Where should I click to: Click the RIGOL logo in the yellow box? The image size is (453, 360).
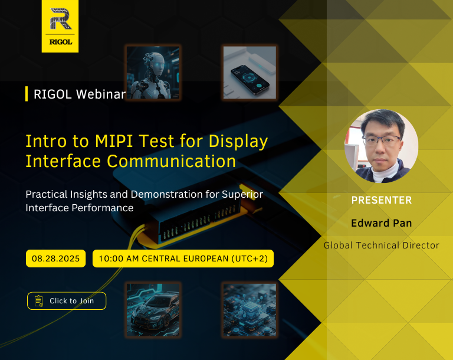tap(60, 26)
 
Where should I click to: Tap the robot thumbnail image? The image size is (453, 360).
tap(153, 72)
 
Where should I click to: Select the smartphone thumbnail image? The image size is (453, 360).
tap(250, 72)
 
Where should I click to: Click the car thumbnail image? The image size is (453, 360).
tap(153, 310)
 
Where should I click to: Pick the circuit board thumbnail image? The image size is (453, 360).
tap(250, 310)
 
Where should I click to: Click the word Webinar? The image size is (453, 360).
tap(101, 94)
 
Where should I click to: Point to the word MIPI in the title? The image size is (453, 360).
tap(114, 141)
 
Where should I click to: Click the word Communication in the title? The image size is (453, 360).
tap(171, 161)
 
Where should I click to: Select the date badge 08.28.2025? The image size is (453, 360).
tap(56, 258)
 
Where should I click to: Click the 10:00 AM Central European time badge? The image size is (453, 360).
tap(183, 258)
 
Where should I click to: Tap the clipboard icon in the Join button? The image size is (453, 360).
tap(39, 301)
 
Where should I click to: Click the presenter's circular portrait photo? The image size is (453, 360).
tap(382, 146)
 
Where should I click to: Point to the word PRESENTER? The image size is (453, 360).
tap(382, 200)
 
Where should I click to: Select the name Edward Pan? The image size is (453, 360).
tap(382, 223)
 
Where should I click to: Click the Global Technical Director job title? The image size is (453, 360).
tap(382, 245)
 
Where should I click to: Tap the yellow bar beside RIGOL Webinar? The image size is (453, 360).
tap(27, 94)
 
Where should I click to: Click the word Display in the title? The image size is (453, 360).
tap(238, 142)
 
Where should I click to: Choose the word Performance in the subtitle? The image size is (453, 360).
tap(102, 208)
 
